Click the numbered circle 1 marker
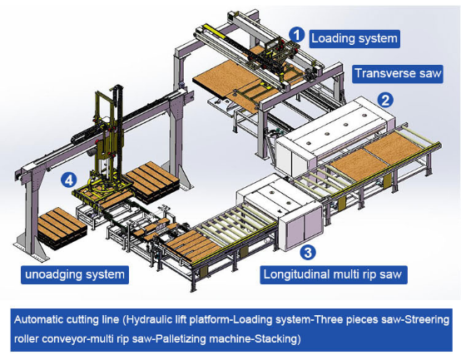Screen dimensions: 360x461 (x=296, y=33)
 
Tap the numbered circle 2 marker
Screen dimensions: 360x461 (x=385, y=100)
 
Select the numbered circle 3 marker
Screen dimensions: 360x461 (x=307, y=250)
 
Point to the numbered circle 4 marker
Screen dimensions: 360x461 (x=70, y=178)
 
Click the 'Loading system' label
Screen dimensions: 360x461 (x=354, y=37)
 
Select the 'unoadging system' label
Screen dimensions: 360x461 (x=73, y=274)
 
